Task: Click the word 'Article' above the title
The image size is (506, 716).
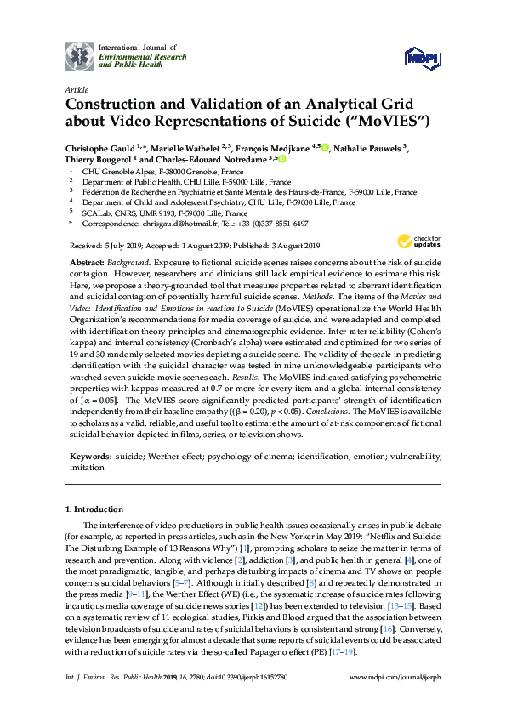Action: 76,88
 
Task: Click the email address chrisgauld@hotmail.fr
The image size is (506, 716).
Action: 166,224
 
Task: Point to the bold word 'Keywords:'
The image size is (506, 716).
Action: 88,456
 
